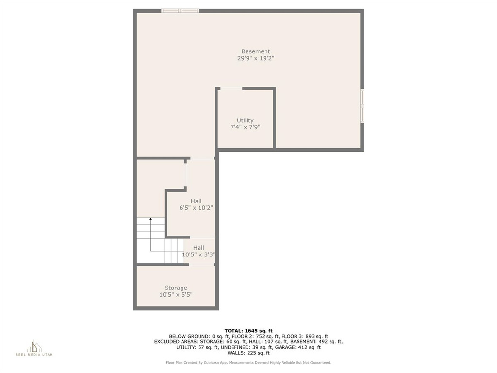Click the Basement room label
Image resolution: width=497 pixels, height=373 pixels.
(255, 51)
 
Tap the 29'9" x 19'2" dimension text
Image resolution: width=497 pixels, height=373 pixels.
(255, 58)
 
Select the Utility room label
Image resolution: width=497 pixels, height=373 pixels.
(245, 120)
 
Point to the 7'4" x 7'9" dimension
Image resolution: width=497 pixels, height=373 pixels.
(245, 128)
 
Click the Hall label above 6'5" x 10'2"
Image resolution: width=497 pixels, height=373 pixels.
(196, 201)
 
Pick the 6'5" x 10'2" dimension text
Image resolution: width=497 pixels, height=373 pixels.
(196, 208)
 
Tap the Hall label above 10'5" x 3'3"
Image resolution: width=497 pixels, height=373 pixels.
(199, 248)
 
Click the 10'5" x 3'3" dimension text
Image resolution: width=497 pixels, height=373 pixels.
(199, 254)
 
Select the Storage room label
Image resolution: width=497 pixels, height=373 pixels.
(176, 288)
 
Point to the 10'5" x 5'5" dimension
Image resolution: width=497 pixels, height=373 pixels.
(176, 295)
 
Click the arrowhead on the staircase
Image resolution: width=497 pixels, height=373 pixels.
(150, 219)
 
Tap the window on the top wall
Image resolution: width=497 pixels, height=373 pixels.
(180, 11)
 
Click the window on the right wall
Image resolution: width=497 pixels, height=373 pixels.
(362, 105)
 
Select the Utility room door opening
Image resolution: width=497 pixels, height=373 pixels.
(231, 89)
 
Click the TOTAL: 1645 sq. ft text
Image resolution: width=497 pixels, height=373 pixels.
(248, 331)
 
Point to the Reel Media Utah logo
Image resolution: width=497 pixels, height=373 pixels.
(34, 348)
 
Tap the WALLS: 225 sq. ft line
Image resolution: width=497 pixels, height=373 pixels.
(248, 353)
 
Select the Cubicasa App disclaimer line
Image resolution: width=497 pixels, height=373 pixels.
(248, 362)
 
